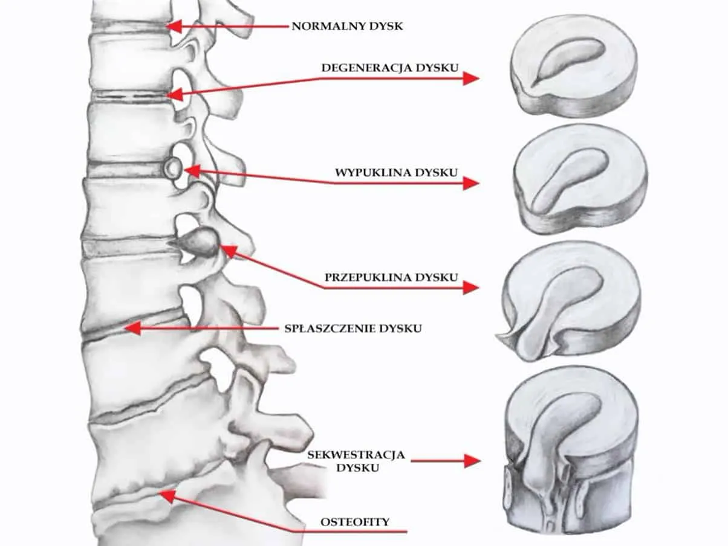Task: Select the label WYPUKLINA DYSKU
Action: (396, 172)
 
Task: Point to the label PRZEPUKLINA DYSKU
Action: (391, 278)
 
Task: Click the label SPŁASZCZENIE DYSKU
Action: (353, 329)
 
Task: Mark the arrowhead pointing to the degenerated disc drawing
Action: (471, 78)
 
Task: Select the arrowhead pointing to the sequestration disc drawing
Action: (472, 461)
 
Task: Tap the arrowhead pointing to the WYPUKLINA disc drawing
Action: (471, 182)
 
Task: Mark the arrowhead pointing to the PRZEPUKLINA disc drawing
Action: (471, 287)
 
